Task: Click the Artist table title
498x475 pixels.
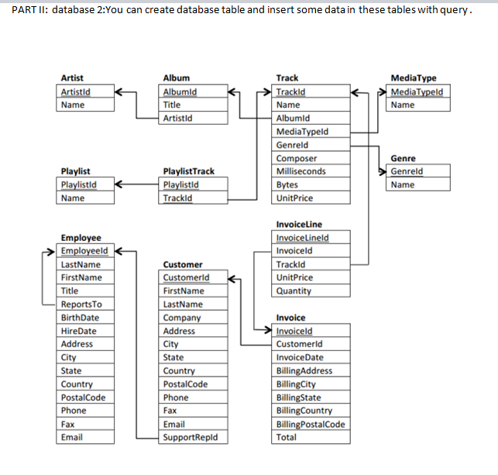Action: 72,78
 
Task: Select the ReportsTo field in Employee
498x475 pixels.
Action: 78,304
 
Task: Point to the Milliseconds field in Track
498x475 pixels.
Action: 301,171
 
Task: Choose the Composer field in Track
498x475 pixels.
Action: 296,158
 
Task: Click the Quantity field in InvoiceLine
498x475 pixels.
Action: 294,291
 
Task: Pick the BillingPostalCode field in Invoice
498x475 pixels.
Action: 311,424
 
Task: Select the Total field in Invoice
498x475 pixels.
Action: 286,437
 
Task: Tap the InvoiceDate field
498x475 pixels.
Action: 300,357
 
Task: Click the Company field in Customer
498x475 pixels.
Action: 182,318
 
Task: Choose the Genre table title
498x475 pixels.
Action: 403,158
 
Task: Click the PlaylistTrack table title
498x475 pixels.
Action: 189,171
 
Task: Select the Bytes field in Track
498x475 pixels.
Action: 287,184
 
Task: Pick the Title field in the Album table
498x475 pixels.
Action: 172,105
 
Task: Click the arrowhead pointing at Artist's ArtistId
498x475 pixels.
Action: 118,92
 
